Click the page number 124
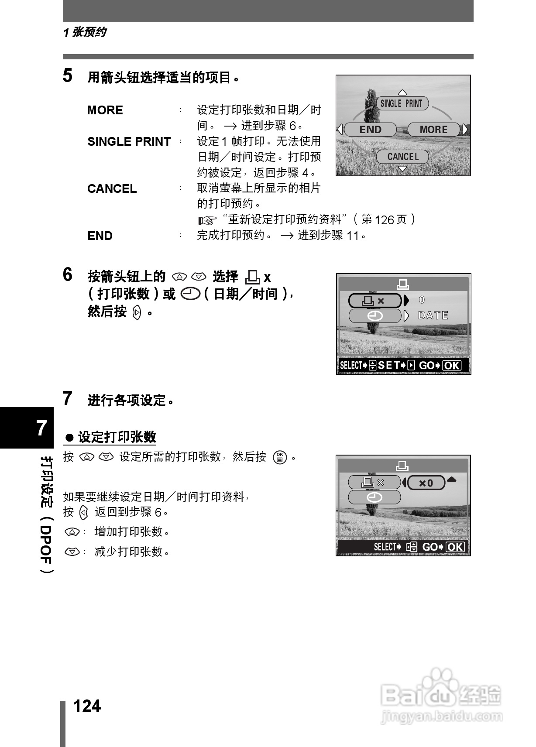[87, 706]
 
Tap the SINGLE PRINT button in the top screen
[402, 103]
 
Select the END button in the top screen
[370, 130]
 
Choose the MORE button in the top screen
[433, 130]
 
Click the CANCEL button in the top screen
[402, 157]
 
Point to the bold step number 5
[68, 75]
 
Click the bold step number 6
[68, 275]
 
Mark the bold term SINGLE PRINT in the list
[129, 142]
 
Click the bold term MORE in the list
[105, 110]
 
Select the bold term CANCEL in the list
[112, 189]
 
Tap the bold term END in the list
[100, 236]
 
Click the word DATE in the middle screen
[433, 315]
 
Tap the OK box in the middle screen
[452, 366]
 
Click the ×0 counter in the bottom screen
[426, 483]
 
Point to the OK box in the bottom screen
[455, 547]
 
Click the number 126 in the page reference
[384, 220]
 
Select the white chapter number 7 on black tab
[41, 428]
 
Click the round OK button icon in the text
[280, 457]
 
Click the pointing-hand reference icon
[207, 220]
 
